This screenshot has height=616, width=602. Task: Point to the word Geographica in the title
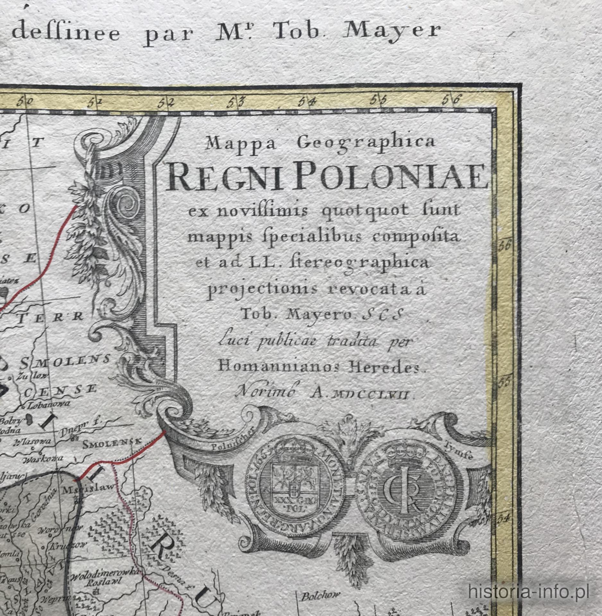pyautogui.click(x=366, y=142)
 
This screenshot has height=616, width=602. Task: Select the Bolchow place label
pyautogui.click(x=320, y=596)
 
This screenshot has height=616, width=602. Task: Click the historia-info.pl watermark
pyautogui.click(x=528, y=591)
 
